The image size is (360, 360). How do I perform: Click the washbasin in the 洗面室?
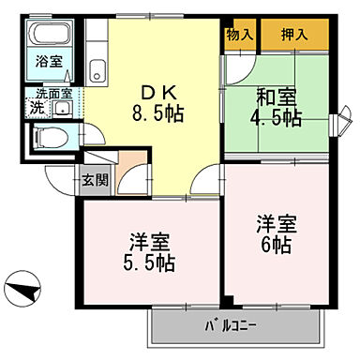point(63,109)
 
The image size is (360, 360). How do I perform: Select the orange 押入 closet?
point(295,35)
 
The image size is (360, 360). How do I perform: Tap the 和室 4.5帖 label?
point(277,108)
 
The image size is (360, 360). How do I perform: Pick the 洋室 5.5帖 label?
point(148,252)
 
